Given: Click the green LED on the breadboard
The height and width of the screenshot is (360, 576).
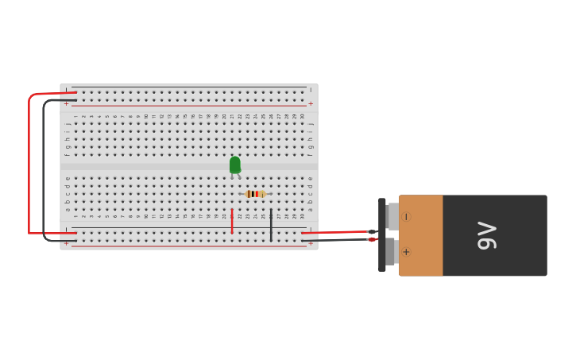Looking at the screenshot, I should pos(235,165).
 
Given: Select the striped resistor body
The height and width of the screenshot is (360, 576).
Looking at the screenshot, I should pos(255,194).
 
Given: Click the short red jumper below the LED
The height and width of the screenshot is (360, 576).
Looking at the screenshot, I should pos(232,221).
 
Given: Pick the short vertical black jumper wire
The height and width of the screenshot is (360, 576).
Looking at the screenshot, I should pos(271,225).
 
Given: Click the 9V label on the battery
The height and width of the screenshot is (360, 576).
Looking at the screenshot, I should pos(487,235).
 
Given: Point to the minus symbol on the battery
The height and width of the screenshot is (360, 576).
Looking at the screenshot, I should pos(405,217).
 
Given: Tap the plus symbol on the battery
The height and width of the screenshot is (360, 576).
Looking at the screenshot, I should pos(406,252).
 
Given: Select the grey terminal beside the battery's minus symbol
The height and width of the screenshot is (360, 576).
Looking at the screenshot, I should pos(392,216).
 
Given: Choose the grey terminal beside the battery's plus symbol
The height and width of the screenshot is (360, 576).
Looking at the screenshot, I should pos(391,252).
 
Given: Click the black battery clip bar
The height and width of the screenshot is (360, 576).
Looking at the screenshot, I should pos(382,235).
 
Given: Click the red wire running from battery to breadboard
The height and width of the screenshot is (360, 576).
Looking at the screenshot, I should pos(334,232).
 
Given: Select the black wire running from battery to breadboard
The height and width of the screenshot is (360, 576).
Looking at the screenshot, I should pos(334,239).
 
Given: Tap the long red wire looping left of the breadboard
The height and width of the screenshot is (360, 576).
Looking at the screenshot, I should pos(29,159).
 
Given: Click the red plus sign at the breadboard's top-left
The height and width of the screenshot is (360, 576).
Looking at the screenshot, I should pos(66,104).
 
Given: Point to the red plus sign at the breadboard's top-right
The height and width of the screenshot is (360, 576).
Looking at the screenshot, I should pos(311,104).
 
